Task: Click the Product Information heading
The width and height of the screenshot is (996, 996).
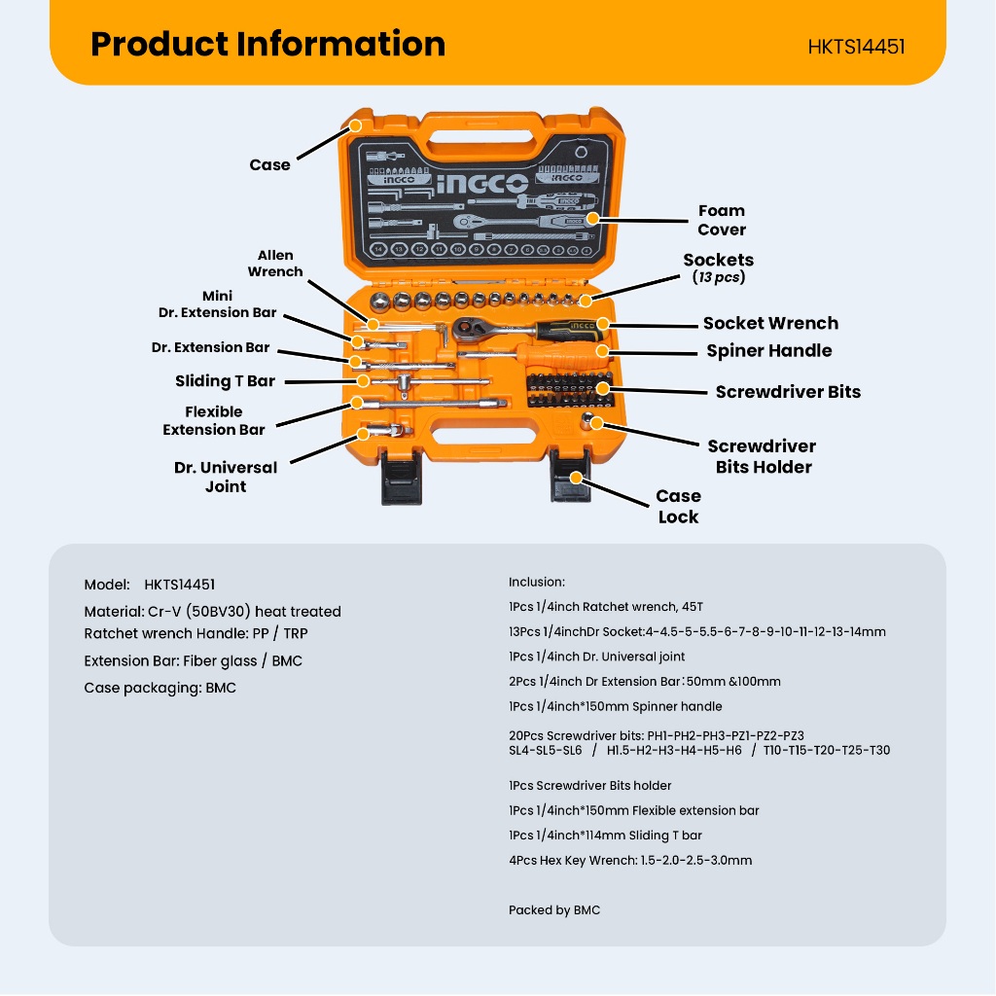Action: coord(267,45)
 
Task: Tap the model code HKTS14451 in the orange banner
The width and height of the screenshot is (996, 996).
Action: coord(856,47)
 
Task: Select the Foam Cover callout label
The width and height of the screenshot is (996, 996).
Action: coord(721,220)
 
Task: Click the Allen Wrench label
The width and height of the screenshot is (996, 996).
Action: coord(275,264)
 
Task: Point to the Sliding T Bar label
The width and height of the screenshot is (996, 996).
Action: coord(225,381)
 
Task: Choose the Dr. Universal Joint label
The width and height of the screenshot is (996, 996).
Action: coord(226,477)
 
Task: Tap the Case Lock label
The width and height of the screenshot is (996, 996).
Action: coord(678,506)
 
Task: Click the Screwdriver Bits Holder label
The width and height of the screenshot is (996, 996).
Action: coord(763,456)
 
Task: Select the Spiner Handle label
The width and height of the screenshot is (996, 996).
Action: coord(769,351)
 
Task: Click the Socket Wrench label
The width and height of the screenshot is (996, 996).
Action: coord(770,324)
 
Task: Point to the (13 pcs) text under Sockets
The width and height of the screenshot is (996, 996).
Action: coord(718,278)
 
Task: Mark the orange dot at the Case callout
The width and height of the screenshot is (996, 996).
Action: coord(356,125)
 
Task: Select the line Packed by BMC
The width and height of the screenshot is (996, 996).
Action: coord(554,910)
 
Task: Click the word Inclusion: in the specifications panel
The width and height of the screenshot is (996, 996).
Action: coord(537,582)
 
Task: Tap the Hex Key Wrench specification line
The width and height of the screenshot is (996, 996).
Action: coord(630,860)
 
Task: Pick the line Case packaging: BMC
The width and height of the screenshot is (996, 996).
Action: coord(160,688)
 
